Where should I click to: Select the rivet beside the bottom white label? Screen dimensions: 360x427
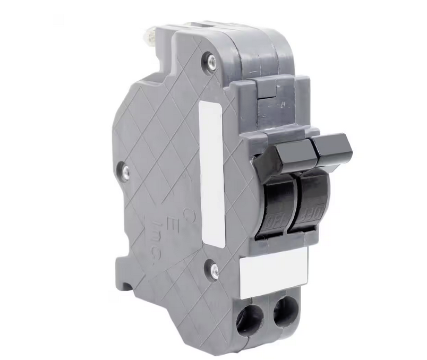(215, 271)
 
